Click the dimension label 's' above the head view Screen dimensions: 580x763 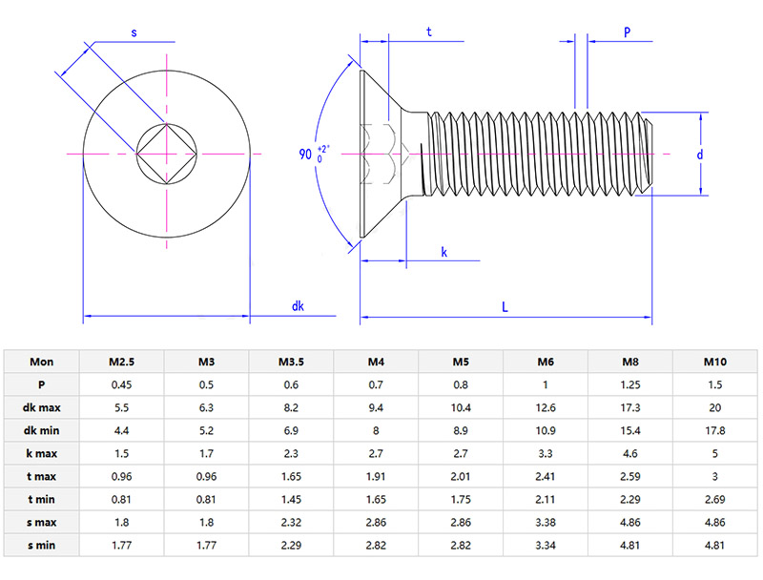coord(134,32)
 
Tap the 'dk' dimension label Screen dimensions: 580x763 coord(299,306)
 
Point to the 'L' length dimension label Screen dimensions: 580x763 coord(505,306)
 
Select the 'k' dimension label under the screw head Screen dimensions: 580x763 coord(444,252)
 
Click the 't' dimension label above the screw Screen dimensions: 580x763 coord(429,31)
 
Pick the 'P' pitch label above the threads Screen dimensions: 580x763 coord(627,31)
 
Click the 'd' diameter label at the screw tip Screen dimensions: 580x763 coord(699,154)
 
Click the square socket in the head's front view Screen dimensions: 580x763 coord(167,154)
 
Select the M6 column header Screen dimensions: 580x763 coord(546,362)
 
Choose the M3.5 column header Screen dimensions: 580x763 coord(291,362)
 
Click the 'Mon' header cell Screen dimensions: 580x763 coord(42,362)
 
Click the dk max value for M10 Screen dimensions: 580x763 coord(714,407)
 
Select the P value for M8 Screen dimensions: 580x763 coord(629,384)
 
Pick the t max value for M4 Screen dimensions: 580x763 coord(376,474)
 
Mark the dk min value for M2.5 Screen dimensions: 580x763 coord(121,430)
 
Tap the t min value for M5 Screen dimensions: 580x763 coord(461,497)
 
